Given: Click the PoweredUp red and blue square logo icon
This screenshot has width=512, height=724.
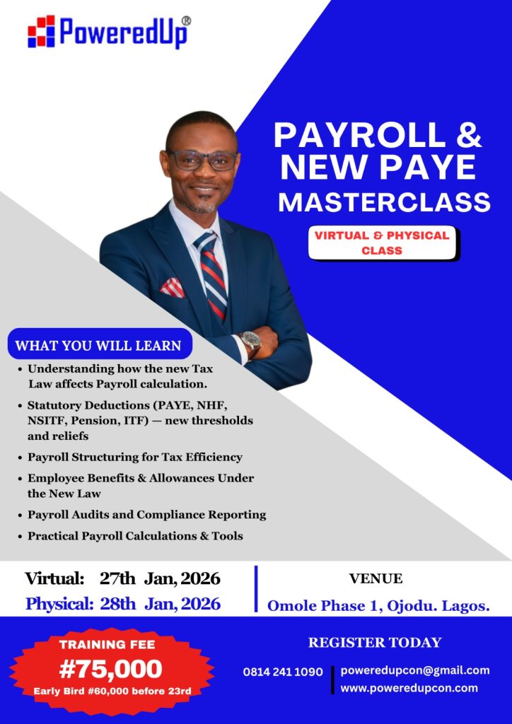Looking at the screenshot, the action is (x=41, y=31).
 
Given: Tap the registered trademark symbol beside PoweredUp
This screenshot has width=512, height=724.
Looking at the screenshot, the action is (x=186, y=21).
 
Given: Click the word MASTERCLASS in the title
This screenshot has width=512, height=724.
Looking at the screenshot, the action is (x=384, y=202).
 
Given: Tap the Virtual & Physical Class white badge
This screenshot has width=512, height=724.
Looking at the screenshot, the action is (x=383, y=243).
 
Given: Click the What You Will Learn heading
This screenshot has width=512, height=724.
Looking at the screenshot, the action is (x=99, y=345).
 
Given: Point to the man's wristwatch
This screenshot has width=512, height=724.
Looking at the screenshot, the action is (x=250, y=342).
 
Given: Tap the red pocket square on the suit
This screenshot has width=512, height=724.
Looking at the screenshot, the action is (x=173, y=288).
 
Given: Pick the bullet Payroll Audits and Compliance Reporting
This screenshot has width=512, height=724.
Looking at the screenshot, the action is (x=141, y=515).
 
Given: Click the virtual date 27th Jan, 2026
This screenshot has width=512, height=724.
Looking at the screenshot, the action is (x=160, y=579).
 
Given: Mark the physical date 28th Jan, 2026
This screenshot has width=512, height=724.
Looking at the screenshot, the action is (x=161, y=604).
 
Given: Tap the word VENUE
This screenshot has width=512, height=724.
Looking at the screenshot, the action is (x=376, y=578).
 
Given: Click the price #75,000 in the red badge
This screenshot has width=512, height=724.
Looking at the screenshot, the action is (x=111, y=669).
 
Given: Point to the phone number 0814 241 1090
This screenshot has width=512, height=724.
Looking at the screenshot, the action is (x=283, y=672).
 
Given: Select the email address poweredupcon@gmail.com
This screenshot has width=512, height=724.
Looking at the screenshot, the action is (x=415, y=670).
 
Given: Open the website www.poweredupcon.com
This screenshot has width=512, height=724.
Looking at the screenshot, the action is (x=409, y=688).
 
